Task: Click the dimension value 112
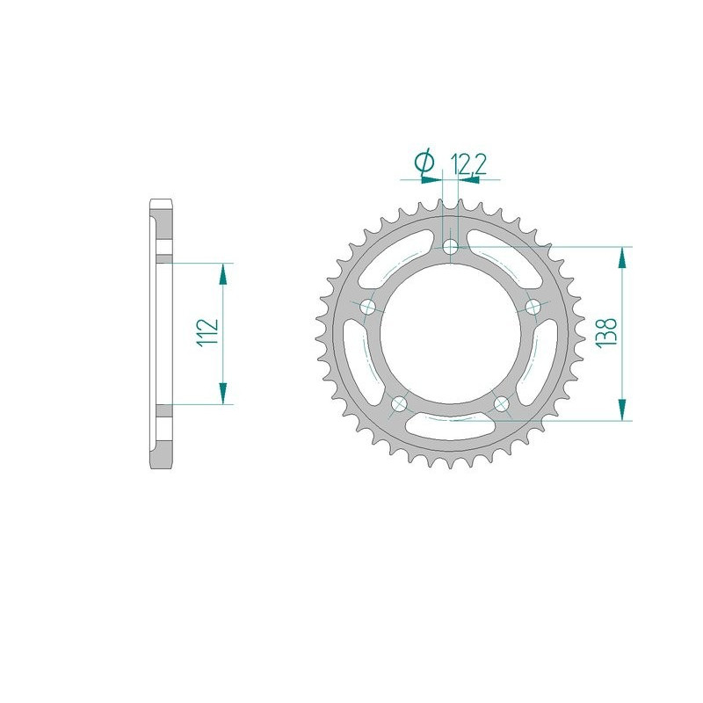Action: pyautogui.click(x=208, y=334)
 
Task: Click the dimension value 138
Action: pyautogui.click(x=610, y=334)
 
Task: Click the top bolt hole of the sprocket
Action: pyautogui.click(x=451, y=247)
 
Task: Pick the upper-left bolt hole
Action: pyautogui.click(x=368, y=307)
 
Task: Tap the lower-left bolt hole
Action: pyautogui.click(x=400, y=404)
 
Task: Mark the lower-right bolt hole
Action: pyautogui.click(x=502, y=404)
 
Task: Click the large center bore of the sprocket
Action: pyautogui.click(x=451, y=334)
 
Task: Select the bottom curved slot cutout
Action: pyautogui.click(x=451, y=428)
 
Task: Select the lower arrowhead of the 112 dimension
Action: pyautogui.click(x=223, y=394)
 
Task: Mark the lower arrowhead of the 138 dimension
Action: pyautogui.click(x=622, y=409)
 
